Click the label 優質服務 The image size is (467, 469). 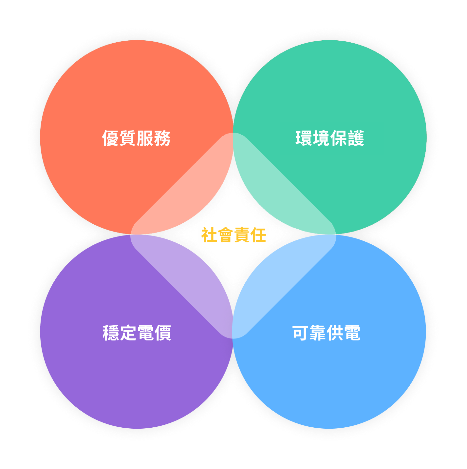pos(136,138)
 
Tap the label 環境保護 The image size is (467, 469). pos(329,138)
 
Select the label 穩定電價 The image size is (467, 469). pos(137,333)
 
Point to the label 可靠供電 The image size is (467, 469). pos(326,333)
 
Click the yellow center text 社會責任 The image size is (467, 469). pos(233,234)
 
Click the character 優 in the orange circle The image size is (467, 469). pos(110,138)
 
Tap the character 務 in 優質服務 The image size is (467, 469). pos(162,138)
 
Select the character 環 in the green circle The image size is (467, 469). pos(304,138)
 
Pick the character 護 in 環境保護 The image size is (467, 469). pos(356,138)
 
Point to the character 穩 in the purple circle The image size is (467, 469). pos(111,333)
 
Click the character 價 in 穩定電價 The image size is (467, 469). pos(163,333)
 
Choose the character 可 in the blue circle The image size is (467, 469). pos(300,333)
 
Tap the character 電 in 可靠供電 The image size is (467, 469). pos(352,333)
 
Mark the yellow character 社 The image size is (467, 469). pos(209,234)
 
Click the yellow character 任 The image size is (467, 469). pos(258,234)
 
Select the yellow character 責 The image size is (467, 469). pos(242,234)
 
